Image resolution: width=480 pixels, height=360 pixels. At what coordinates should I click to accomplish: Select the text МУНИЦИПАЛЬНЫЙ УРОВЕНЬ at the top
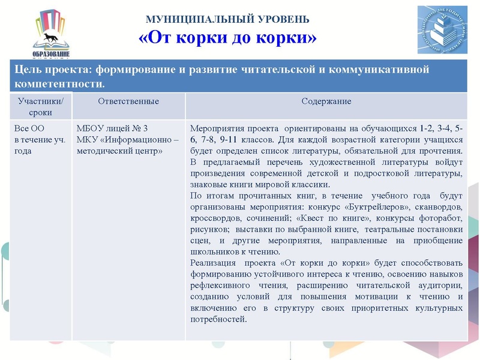click(x=228, y=20)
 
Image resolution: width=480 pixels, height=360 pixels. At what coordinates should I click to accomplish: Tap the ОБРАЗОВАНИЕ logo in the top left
click(x=51, y=33)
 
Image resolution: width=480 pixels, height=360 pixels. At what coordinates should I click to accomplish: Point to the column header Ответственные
click(x=128, y=101)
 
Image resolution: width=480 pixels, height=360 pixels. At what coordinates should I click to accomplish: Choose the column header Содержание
click(x=326, y=101)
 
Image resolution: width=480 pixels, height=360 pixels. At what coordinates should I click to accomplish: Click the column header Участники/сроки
click(x=40, y=106)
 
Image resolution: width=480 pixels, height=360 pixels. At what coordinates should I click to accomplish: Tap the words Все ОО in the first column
click(x=29, y=128)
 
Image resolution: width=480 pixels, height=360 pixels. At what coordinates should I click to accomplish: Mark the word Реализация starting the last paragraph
click(x=212, y=263)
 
